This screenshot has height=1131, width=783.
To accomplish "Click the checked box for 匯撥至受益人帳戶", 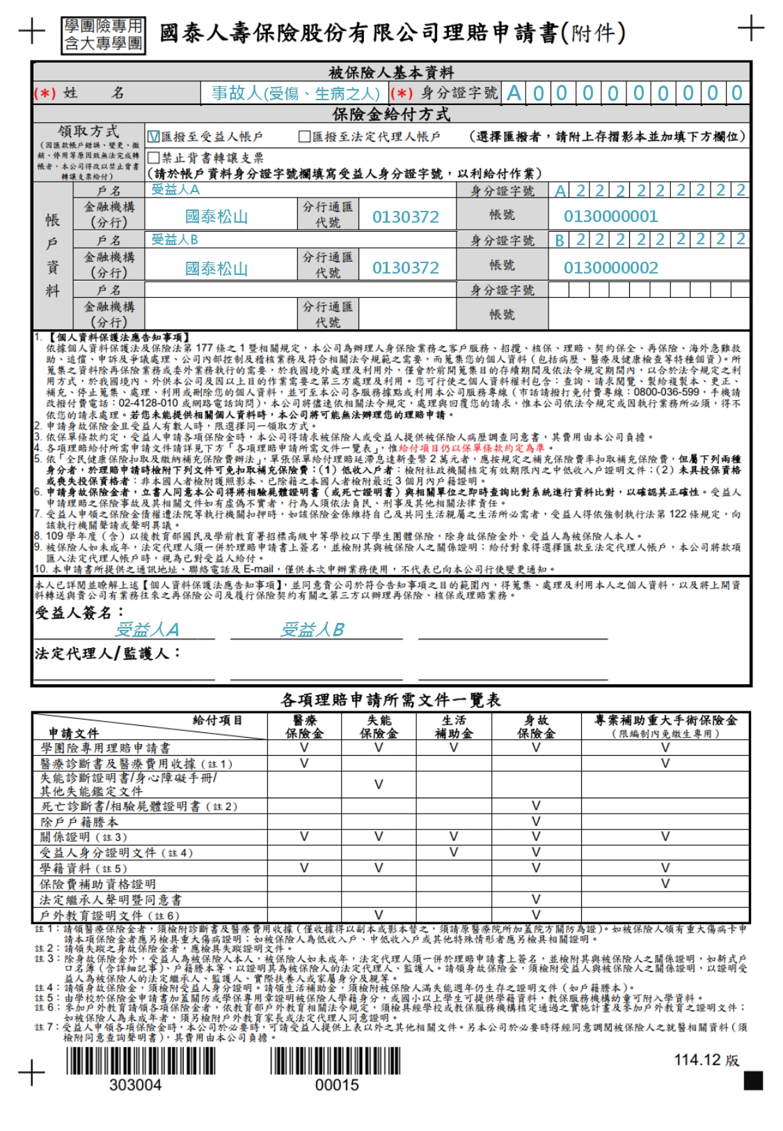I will (x=154, y=137).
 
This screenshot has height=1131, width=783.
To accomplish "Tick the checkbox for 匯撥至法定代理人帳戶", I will (x=304, y=137).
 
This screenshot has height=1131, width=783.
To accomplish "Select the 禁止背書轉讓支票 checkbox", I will (x=154, y=158).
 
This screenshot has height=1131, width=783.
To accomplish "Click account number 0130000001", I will (x=610, y=216).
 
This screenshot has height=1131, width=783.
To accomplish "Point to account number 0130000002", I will (x=610, y=268).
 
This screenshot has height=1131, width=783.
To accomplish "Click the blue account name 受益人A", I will (x=175, y=189).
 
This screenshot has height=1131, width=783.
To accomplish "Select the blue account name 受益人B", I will (x=175, y=239).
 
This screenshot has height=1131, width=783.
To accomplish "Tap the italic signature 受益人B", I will (x=312, y=630).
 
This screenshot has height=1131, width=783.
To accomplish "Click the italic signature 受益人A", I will (x=147, y=630).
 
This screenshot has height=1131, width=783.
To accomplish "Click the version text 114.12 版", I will (x=706, y=1060).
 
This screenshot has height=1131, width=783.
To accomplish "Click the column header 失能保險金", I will (x=379, y=727).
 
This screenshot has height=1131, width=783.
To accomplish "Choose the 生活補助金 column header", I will (x=454, y=727).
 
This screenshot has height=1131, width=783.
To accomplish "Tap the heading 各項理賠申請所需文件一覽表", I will (x=390, y=699).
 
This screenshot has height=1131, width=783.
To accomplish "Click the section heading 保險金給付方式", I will (x=390, y=114).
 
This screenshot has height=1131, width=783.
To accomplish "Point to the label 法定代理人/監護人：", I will (x=108, y=654).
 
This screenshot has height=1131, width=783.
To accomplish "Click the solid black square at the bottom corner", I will (x=753, y=1081).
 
